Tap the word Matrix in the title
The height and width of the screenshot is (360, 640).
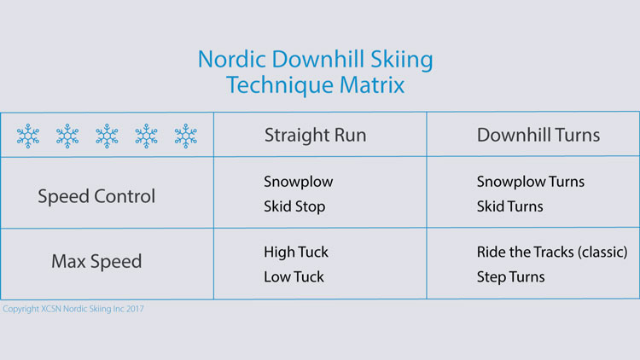(374, 85)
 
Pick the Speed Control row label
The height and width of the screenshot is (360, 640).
(96, 195)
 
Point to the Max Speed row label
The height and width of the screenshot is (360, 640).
(96, 260)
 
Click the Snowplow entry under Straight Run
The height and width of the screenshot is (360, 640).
(299, 182)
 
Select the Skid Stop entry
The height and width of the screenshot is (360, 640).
(294, 206)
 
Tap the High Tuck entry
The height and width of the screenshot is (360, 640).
(296, 252)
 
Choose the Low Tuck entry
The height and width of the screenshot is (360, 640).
(294, 276)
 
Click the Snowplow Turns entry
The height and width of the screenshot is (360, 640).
(531, 182)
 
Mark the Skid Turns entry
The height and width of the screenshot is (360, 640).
(510, 206)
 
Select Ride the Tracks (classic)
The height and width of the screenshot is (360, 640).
(552, 252)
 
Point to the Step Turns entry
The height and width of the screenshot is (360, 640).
(511, 276)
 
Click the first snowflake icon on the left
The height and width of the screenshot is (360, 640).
(28, 136)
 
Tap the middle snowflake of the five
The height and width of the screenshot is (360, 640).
(107, 136)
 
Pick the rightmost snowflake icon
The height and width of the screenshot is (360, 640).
(185, 136)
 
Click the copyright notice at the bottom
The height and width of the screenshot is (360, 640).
(73, 309)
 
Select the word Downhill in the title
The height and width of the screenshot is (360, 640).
(309, 61)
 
